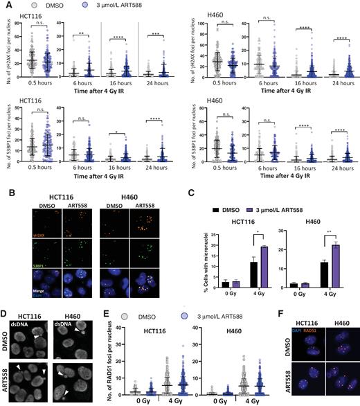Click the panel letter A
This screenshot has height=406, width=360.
[6, 6]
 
